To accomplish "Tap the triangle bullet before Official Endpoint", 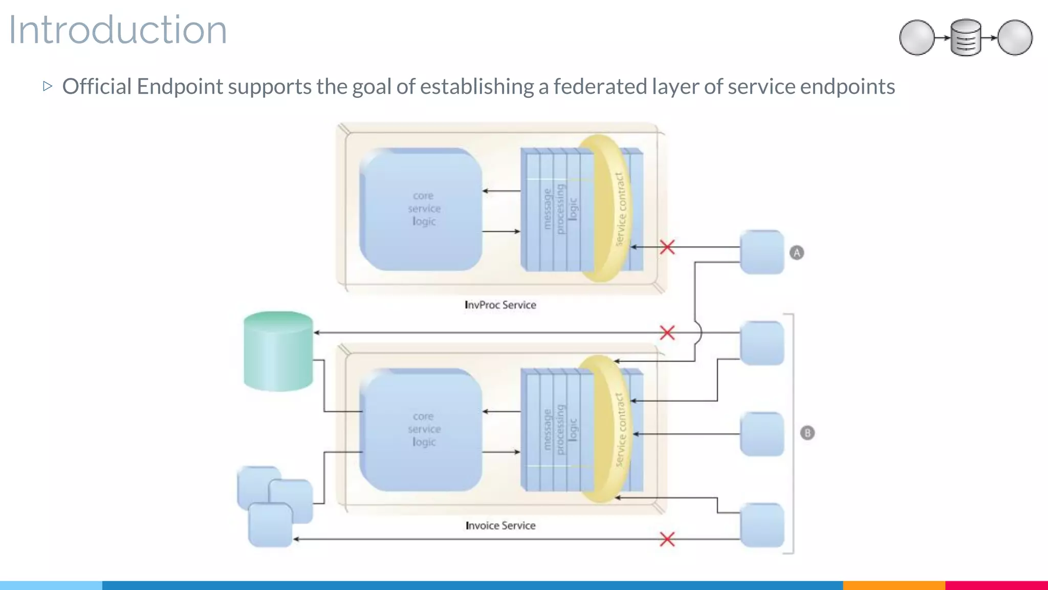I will point(48,86).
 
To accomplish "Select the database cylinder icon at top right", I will point(966,37).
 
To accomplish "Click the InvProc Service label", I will point(500,305).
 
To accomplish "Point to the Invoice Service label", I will point(500,525).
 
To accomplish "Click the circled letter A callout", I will point(797,252).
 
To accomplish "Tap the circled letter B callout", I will point(807,433).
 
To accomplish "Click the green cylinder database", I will point(278,351).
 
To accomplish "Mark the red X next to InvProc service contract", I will point(667,247).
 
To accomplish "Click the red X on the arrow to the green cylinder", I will point(667,333).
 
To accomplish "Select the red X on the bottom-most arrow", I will point(667,539).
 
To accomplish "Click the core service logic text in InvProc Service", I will point(424,208).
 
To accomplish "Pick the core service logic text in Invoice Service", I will point(424,429).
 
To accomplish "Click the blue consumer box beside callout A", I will point(762,252).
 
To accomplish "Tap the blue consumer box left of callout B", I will point(762,434).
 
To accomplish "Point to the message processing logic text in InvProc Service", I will point(560,209).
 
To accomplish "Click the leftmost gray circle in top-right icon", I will point(917,37).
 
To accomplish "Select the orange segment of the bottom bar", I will point(893,585).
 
